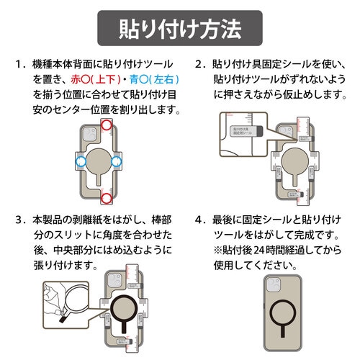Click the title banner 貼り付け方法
(x=179, y=31)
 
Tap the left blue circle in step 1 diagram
(x=75, y=159)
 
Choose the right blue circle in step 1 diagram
(x=137, y=159)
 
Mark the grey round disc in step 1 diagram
(x=106, y=159)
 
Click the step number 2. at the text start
(x=201, y=64)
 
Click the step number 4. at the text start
(x=201, y=219)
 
